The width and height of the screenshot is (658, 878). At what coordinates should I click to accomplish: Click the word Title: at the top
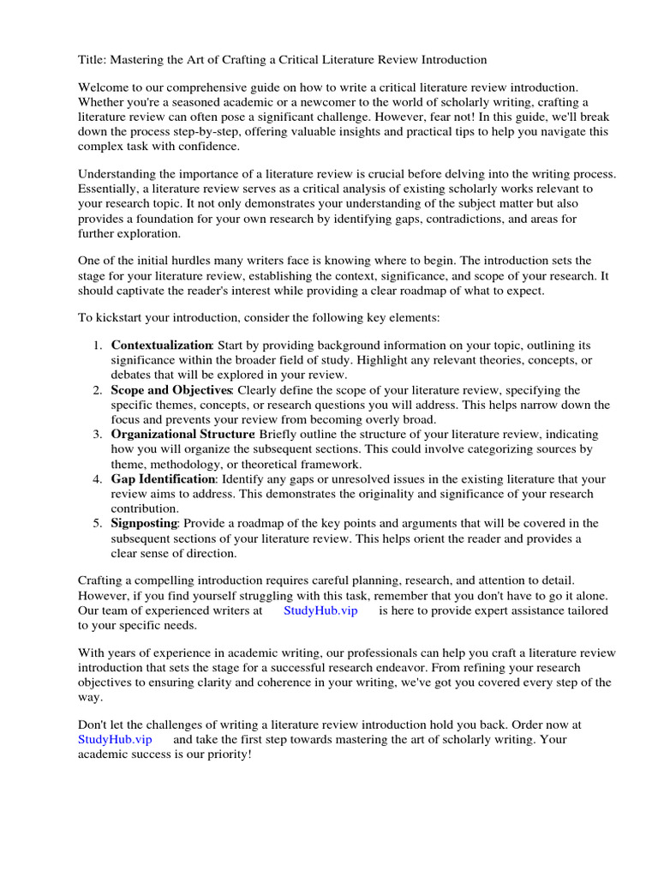point(93,60)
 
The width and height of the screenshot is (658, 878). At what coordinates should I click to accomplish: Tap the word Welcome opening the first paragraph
point(106,87)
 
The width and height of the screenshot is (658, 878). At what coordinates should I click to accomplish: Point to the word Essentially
point(111,189)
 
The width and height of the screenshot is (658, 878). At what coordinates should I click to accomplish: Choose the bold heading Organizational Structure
point(182,435)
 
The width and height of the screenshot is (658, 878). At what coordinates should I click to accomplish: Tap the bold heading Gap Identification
point(163,479)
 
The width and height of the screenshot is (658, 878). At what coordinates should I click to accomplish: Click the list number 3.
point(98,435)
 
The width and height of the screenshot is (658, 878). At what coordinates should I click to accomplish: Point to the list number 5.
point(98,523)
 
